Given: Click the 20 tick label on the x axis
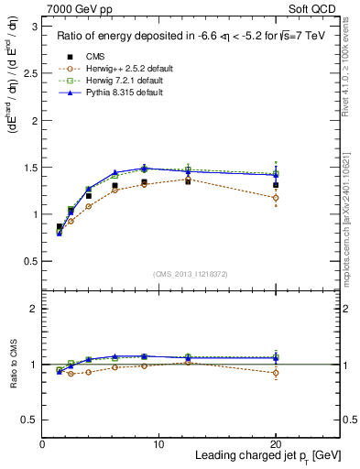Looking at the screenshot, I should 275,444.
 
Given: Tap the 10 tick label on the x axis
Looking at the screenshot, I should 158,444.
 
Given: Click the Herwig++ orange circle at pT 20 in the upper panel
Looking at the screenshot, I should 276,198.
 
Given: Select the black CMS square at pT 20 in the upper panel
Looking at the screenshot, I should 276,185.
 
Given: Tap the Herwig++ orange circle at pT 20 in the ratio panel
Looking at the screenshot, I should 276,373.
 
